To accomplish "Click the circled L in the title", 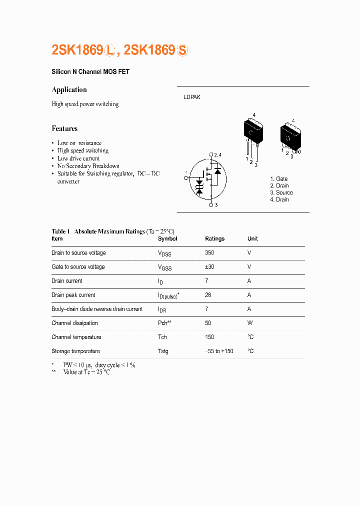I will (110, 50).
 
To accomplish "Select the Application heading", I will (69, 89).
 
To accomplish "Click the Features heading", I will (64, 128).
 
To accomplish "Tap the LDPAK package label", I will (191, 97).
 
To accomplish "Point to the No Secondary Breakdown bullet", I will (88, 166).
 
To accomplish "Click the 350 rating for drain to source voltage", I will (209, 253).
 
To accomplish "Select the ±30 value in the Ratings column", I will (209, 267).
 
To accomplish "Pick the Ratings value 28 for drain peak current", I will (208, 295).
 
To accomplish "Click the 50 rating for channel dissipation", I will (208, 323).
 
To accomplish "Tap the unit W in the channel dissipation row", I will (249, 323).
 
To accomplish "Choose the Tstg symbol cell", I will (163, 351).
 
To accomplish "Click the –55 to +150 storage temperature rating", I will (219, 351).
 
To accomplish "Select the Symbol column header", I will (167, 239).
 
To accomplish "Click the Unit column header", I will (252, 239).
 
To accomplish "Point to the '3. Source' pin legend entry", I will (281, 192).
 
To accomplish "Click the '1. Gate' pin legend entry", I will (279, 178).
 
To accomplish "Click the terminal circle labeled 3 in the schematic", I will (211, 205).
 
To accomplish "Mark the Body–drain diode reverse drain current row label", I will (97, 309).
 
